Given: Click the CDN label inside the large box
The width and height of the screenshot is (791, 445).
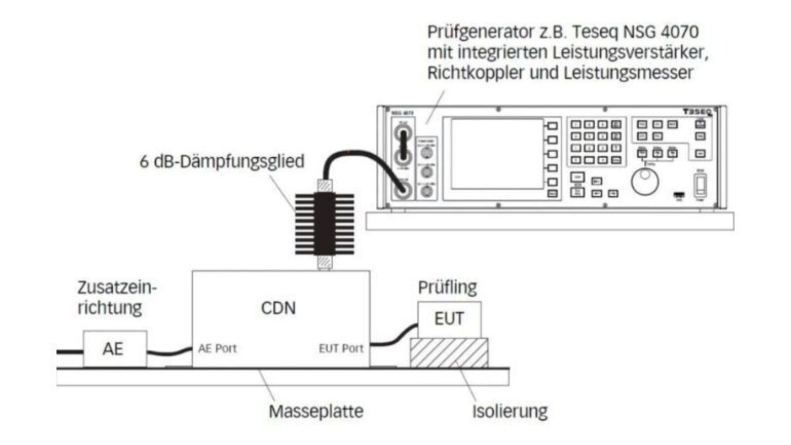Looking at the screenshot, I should coord(278,308).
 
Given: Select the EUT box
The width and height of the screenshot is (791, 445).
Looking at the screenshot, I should coord(449,319).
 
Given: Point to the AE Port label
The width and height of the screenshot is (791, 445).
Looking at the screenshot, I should coord(218,349).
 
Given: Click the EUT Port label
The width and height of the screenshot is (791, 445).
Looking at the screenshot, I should coord(341,349).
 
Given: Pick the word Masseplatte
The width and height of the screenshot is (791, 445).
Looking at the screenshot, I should coord(316,411).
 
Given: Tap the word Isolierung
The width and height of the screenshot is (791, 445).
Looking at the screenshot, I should coord(510,411).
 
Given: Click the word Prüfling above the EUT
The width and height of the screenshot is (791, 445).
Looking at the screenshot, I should coord(447,287).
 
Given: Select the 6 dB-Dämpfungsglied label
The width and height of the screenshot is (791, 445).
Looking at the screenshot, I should coord(221,162).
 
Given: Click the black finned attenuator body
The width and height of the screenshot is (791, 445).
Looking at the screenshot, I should coord(324,223).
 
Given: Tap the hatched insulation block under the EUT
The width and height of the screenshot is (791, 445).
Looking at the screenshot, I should coord(449,353).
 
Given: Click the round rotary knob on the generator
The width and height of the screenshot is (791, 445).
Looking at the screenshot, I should coord(645,181).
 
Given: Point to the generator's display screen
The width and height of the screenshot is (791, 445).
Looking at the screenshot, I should coord(497,153).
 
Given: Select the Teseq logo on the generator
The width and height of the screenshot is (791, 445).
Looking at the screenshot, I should coord(697,112).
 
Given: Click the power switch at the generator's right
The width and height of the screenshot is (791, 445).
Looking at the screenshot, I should coord(700,186).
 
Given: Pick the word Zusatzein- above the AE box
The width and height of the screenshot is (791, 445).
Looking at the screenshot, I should coord(117,287).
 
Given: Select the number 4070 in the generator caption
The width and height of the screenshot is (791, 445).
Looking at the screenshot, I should coord(681,32).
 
